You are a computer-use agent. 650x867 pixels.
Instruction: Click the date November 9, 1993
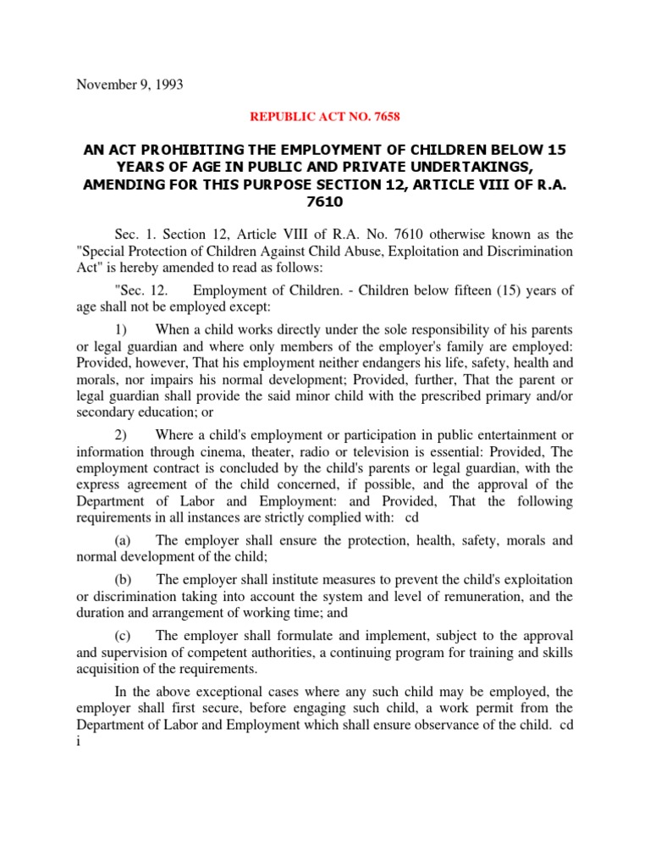point(129,85)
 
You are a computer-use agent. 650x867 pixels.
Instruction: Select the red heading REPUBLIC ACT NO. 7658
point(325,117)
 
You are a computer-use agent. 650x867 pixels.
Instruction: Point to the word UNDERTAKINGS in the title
point(494,167)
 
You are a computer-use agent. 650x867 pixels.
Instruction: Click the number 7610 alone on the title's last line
point(325,202)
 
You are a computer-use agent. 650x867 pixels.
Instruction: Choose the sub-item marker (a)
point(124,540)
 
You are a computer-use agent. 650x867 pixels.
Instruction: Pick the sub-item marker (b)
point(124,579)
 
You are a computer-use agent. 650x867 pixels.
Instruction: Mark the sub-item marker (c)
point(124,636)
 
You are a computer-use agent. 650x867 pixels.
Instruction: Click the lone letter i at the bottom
point(78,741)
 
